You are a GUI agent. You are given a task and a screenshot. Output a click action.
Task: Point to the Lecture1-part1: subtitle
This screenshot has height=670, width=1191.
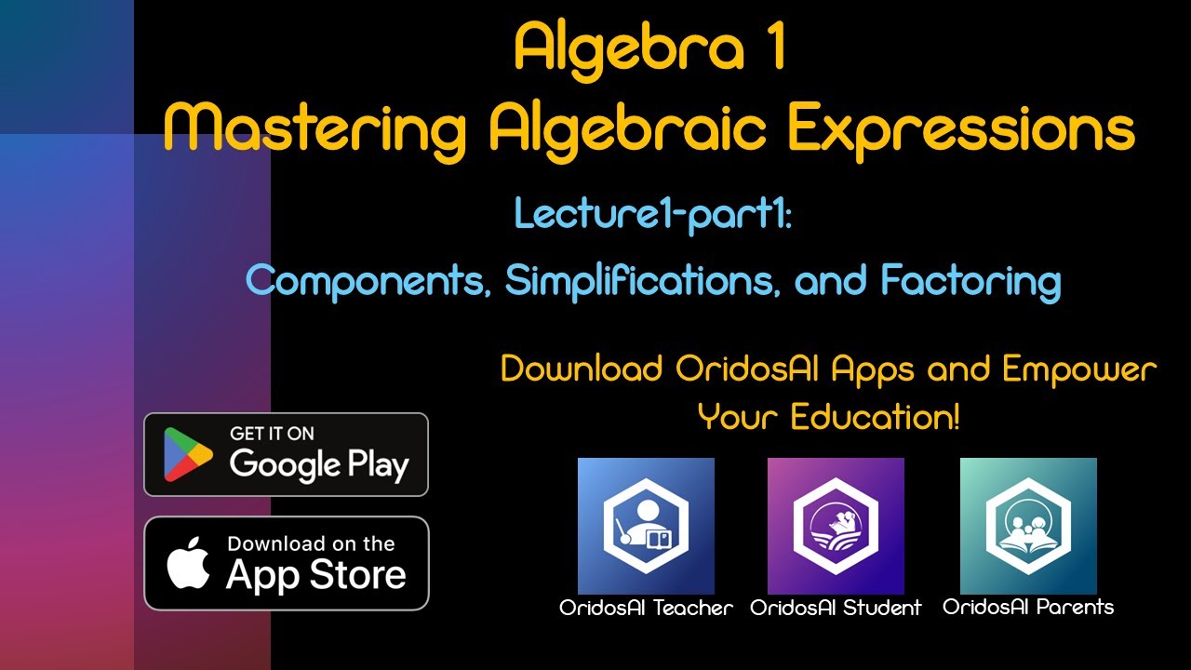652,214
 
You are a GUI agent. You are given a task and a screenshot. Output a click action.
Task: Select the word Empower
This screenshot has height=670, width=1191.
1079,369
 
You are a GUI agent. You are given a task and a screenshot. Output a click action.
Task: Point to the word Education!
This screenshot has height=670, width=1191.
874,417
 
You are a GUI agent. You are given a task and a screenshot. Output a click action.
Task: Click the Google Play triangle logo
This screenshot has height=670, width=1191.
188,454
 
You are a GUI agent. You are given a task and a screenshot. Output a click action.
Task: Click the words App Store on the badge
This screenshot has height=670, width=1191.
315,575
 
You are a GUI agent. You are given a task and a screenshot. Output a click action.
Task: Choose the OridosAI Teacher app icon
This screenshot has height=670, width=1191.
646,526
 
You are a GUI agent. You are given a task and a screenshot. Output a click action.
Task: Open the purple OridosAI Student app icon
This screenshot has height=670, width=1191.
836,526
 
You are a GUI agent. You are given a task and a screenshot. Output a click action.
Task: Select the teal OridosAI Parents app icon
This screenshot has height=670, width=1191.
1028,526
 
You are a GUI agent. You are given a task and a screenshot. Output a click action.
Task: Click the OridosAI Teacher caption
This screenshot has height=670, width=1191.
646,609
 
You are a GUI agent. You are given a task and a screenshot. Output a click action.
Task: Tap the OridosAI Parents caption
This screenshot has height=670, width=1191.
1028,608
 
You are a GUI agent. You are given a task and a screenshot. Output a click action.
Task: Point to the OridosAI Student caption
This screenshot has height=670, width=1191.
836,609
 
